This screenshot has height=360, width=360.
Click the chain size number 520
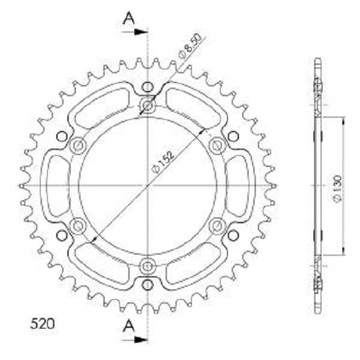click(x=43, y=324)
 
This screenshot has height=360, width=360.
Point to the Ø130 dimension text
click(x=338, y=189)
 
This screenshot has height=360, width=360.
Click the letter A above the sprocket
click(x=129, y=18)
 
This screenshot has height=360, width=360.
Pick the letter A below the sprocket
click(x=129, y=326)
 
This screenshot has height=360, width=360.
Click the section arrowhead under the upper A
click(x=141, y=32)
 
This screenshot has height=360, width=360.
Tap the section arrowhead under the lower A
click(x=141, y=339)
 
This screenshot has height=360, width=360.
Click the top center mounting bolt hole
click(x=147, y=106)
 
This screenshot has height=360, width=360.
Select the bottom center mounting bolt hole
click(x=147, y=266)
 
